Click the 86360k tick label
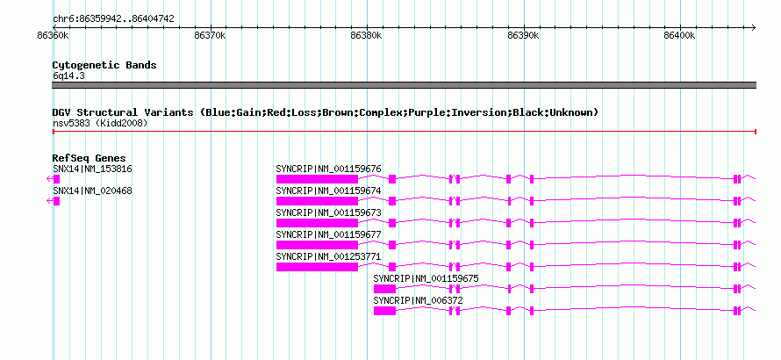point(53,36)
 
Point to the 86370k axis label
point(210,36)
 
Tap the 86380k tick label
point(366,36)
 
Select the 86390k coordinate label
point(523,36)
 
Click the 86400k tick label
point(680,36)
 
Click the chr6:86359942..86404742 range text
point(113,19)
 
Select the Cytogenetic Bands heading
point(104,65)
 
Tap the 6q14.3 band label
point(70,76)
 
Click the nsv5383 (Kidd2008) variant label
point(100,123)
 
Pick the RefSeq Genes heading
point(90,159)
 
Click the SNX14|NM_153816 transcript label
point(93,169)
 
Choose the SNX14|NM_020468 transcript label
point(93,191)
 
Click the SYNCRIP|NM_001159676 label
point(329,169)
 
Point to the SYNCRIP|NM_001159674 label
point(329,191)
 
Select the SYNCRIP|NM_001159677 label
point(329,234)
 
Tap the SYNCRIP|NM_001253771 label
point(329,256)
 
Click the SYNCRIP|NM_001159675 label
point(426,278)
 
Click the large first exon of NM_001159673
point(318,223)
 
